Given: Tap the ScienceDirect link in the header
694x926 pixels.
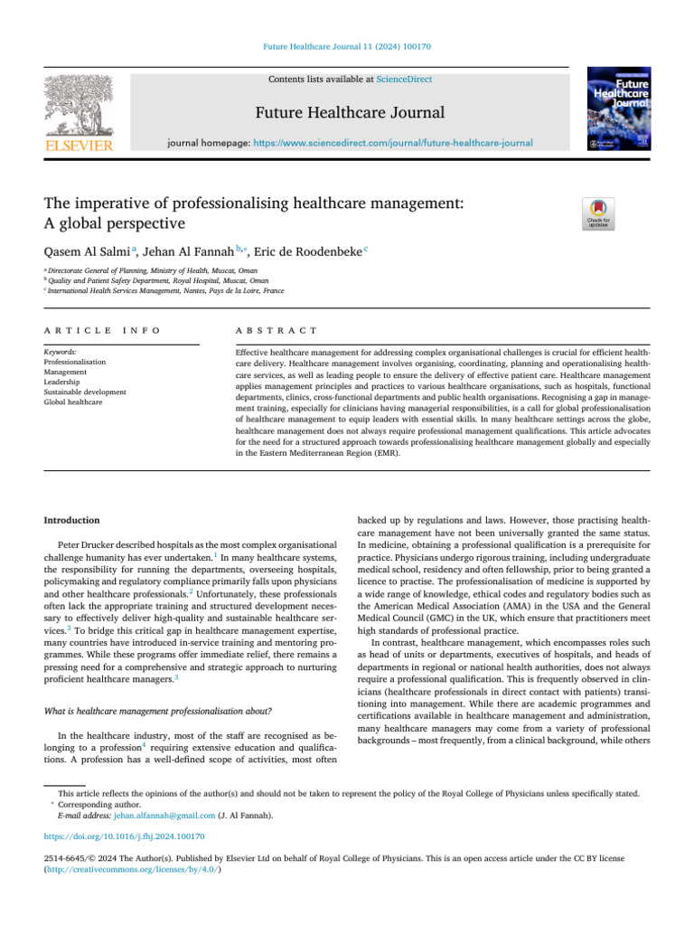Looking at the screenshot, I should tap(404, 80).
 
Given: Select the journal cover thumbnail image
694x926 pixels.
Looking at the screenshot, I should tap(619, 109).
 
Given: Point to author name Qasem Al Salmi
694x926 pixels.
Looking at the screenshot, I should tap(88, 250).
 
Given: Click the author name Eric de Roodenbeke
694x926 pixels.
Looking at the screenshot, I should tap(306, 250).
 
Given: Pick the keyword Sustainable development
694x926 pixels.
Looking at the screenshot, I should tap(85, 392).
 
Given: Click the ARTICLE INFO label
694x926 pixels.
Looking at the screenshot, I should tap(102, 331).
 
